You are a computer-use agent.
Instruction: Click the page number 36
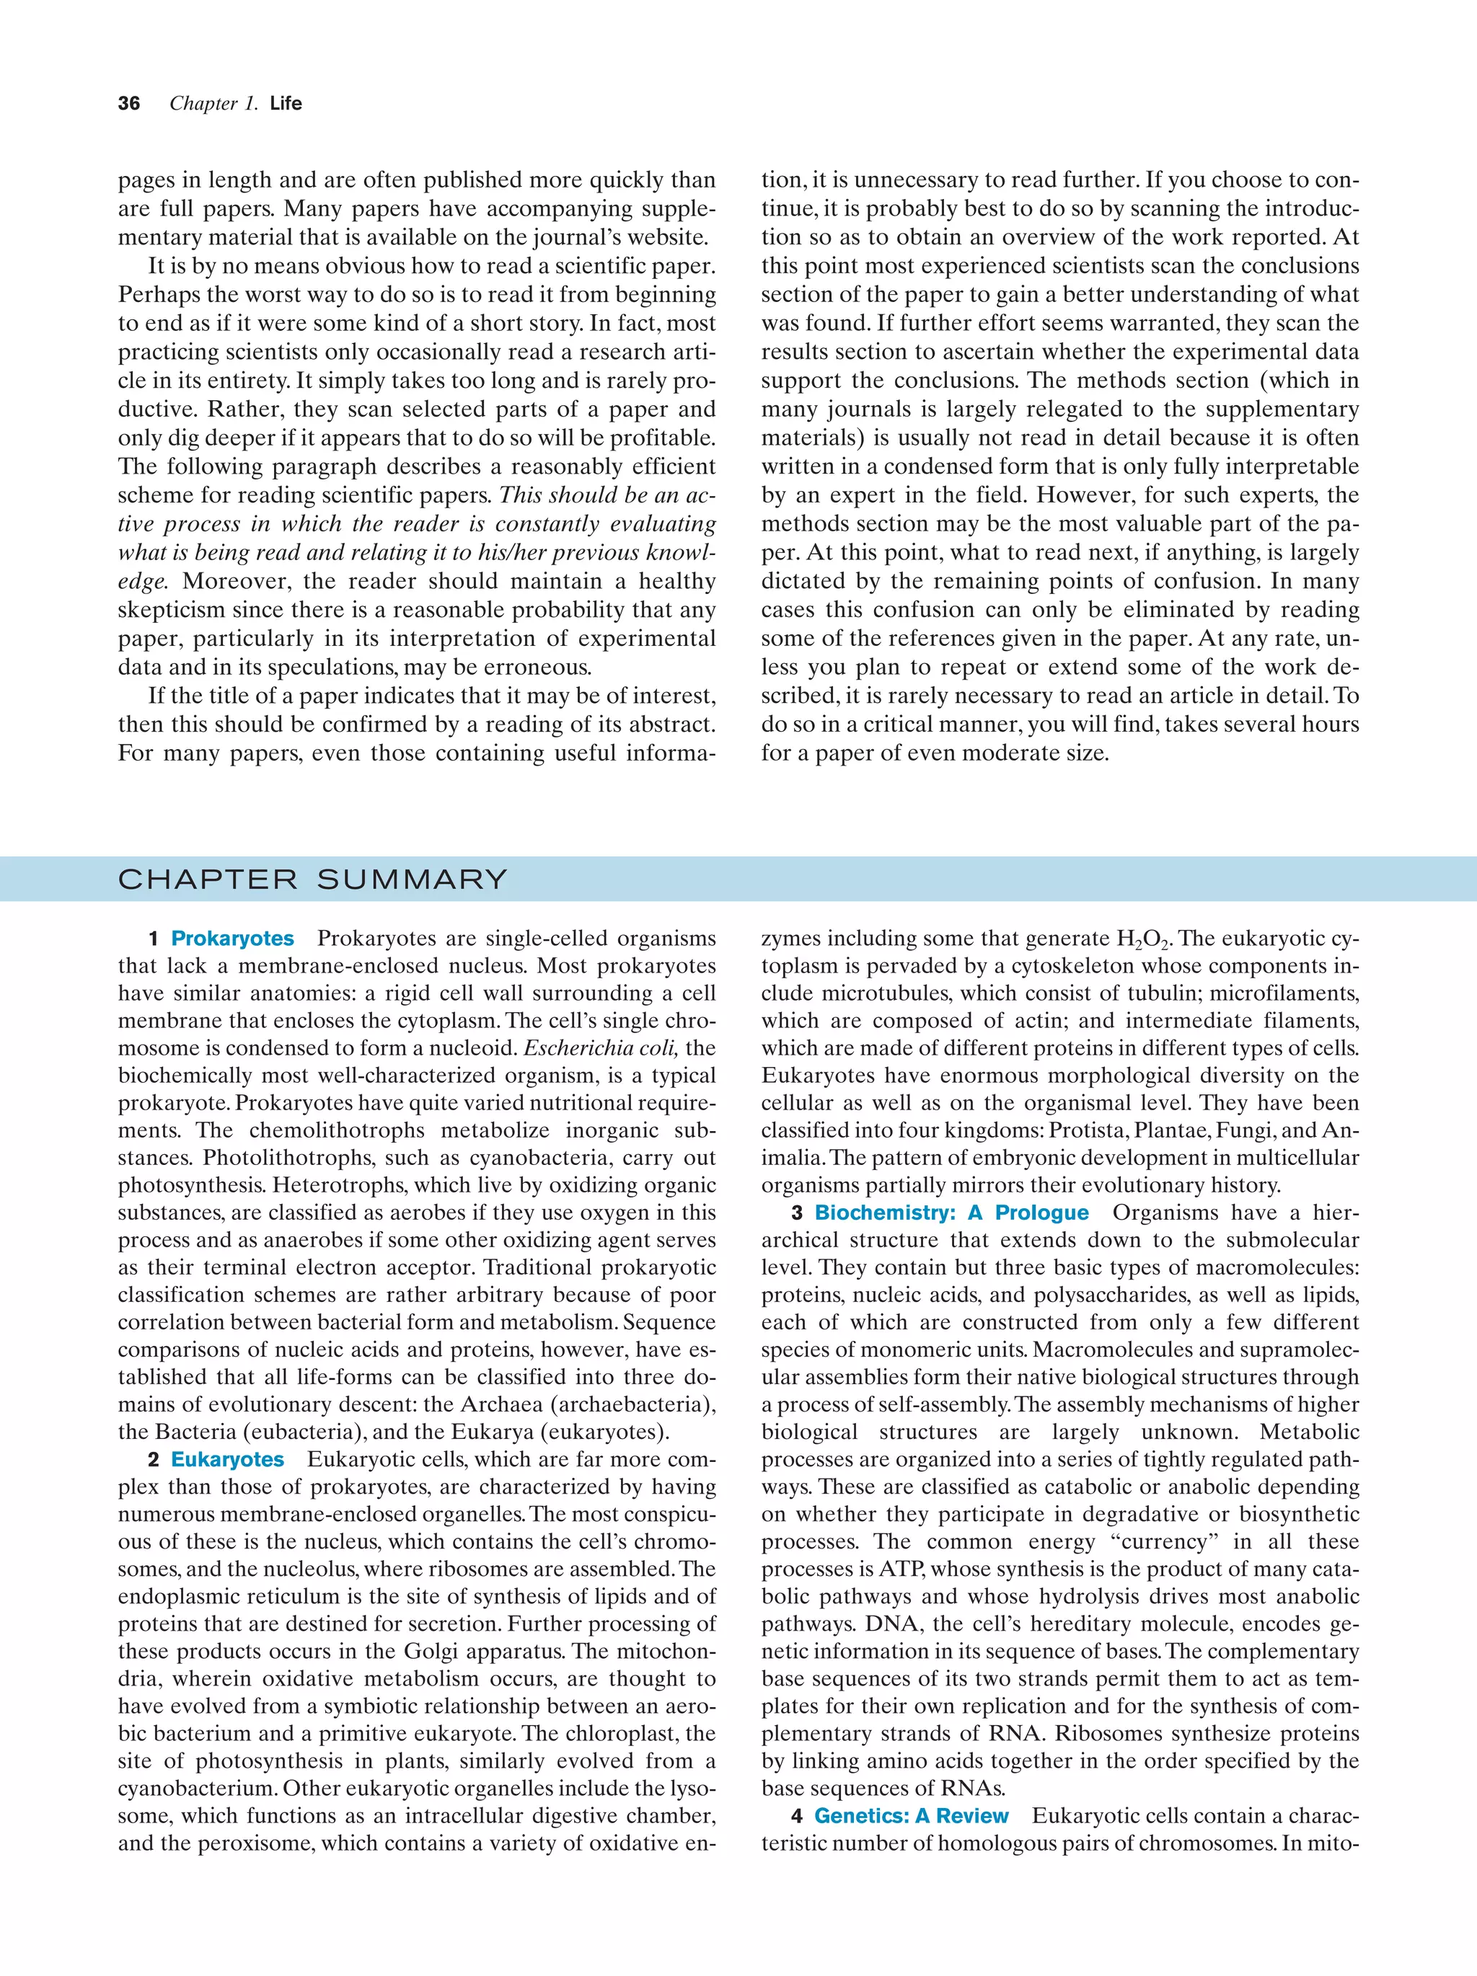[128, 104]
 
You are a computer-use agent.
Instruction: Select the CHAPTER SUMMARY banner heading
[313, 880]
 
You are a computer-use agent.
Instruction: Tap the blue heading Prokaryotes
[232, 939]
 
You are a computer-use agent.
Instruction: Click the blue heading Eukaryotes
[227, 1460]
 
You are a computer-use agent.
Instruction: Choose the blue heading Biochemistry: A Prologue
[951, 1213]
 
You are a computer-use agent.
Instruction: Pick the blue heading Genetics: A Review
[912, 1816]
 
